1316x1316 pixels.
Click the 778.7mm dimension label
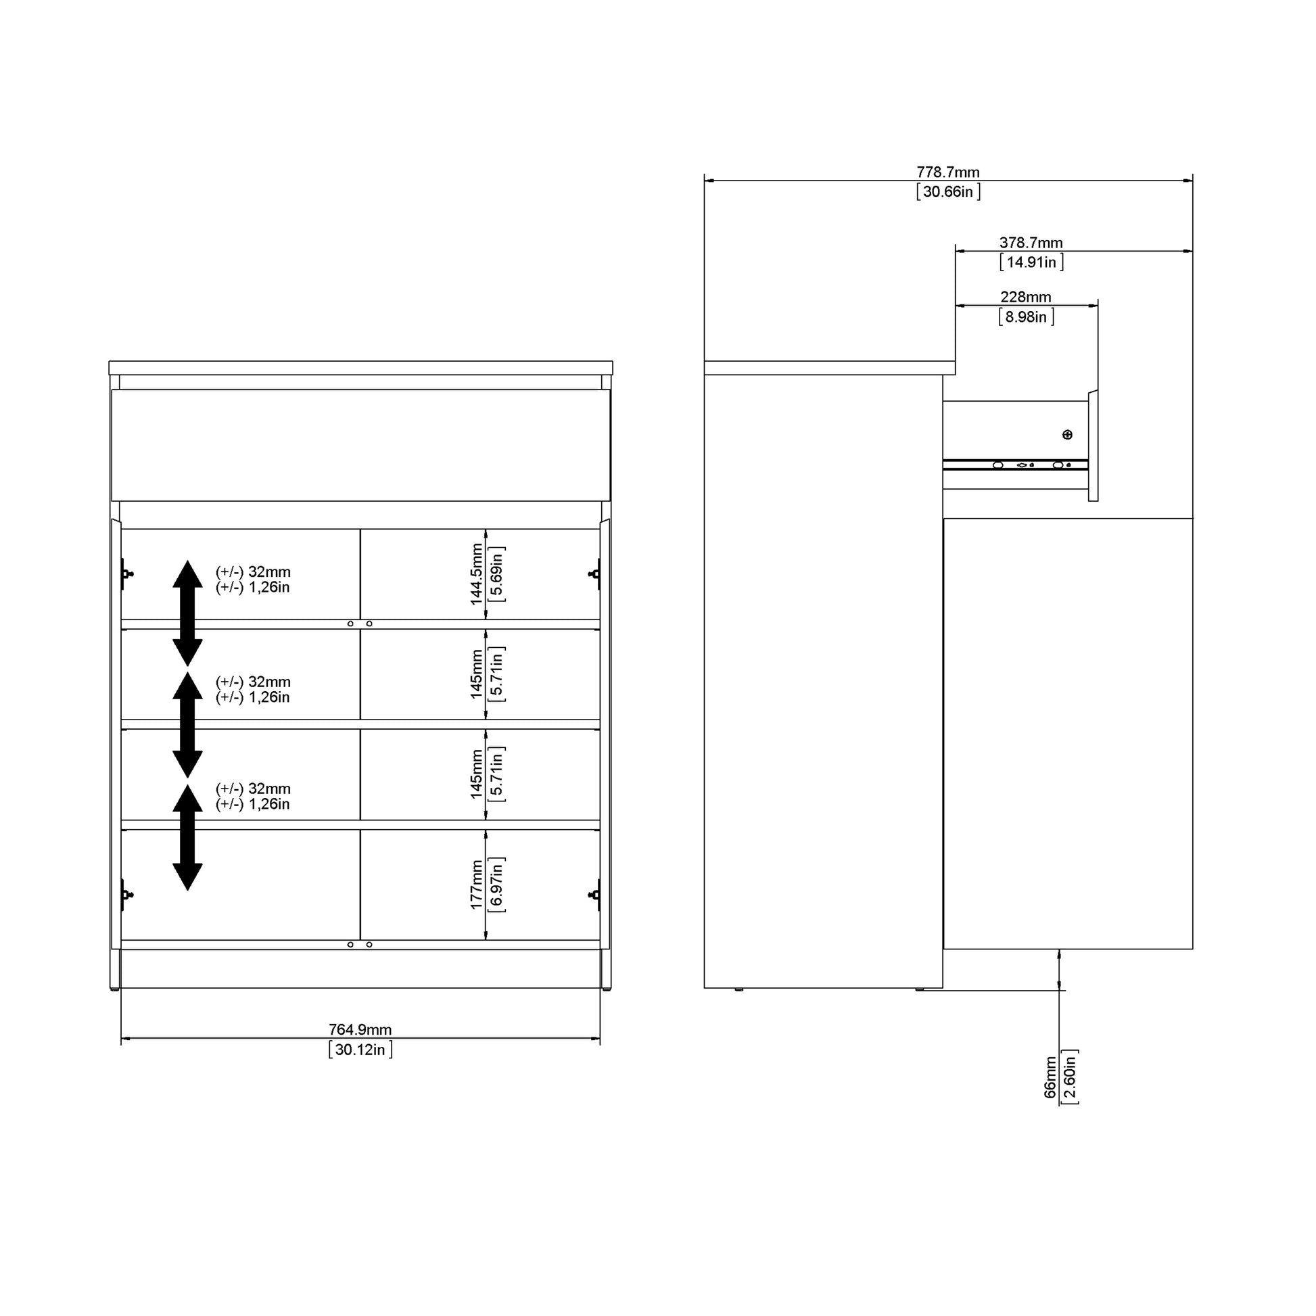tap(947, 172)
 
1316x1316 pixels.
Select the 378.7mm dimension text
tap(1031, 243)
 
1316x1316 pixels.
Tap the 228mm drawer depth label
tap(1026, 297)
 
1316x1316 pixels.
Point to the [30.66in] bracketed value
tap(948, 191)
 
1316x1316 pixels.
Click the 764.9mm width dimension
tap(360, 1029)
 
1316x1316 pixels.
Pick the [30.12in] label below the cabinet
tap(360, 1050)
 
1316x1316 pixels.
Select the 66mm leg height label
tap(1050, 1077)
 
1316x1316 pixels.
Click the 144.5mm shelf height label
tap(476, 573)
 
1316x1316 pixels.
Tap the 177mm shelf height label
tap(476, 884)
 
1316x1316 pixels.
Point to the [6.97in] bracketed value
tap(496, 884)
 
